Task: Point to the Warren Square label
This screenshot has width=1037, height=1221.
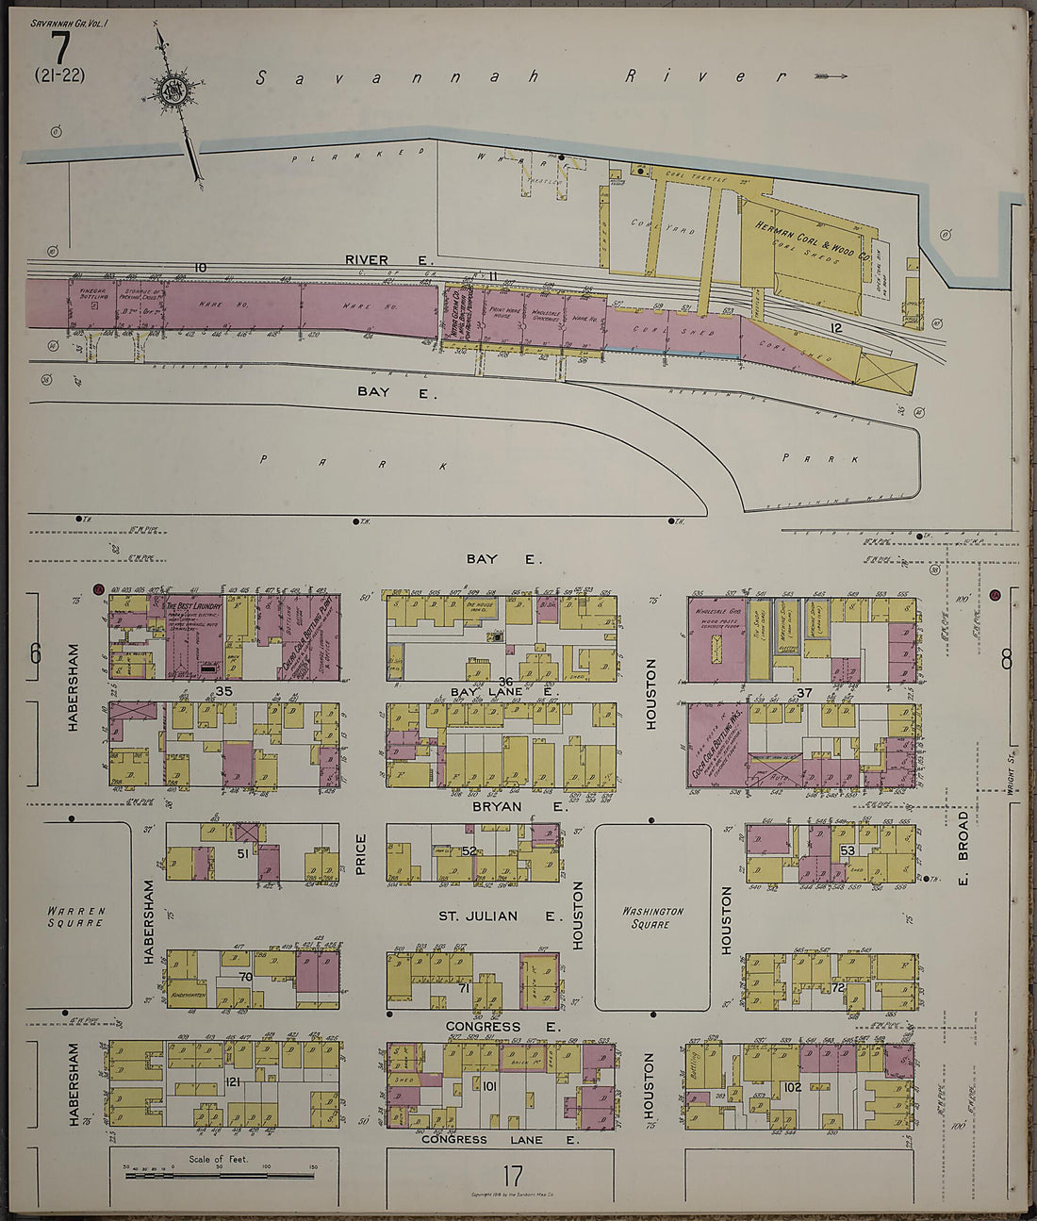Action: pos(75,916)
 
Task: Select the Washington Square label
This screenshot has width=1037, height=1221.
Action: pos(652,917)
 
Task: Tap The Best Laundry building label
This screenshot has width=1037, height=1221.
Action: pos(194,607)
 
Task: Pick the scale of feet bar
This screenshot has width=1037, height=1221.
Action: pos(219,1175)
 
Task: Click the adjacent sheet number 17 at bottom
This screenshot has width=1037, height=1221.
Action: pos(512,1176)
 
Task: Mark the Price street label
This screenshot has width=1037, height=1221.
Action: pos(361,853)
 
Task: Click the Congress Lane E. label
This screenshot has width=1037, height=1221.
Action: pos(499,1139)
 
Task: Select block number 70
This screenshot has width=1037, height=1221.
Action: pos(245,978)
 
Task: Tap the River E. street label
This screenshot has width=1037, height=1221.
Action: pos(387,259)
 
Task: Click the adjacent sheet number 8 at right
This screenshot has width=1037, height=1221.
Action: pos(1006,659)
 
